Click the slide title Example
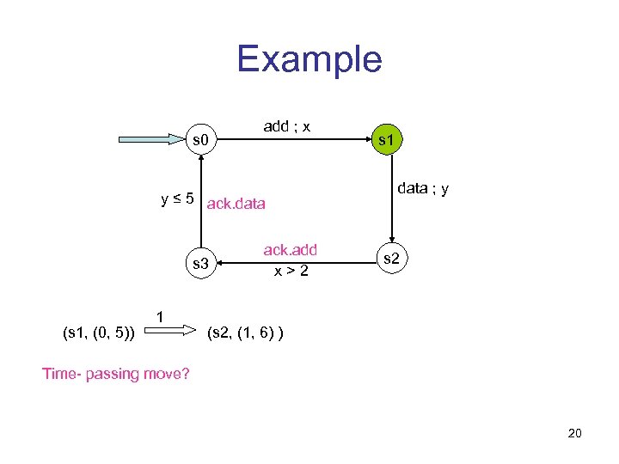[x=309, y=59]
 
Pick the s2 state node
[x=390, y=258]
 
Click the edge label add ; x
[x=287, y=126]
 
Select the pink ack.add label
[x=290, y=250]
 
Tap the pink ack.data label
[x=236, y=204]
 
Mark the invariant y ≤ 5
[x=176, y=199]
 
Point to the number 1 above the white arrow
[x=160, y=316]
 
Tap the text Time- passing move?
[x=116, y=373]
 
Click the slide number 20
[x=574, y=433]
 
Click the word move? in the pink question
[x=169, y=373]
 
